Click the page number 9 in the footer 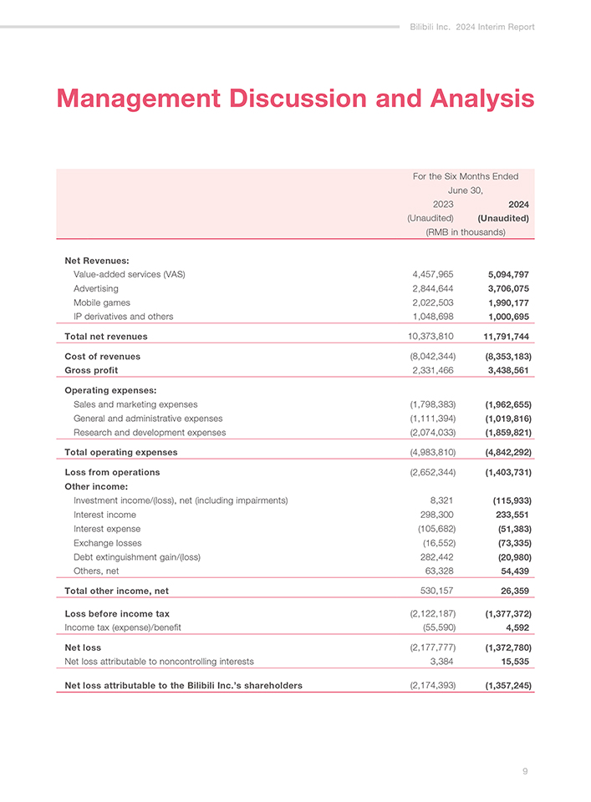525,771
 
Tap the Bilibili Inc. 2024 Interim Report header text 472,27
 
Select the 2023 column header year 442,204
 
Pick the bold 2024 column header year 518,204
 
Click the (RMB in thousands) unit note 466,231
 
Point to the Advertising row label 96,288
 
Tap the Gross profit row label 91,370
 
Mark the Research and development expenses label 150,433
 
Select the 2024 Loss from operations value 507,473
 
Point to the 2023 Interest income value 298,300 436,515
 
